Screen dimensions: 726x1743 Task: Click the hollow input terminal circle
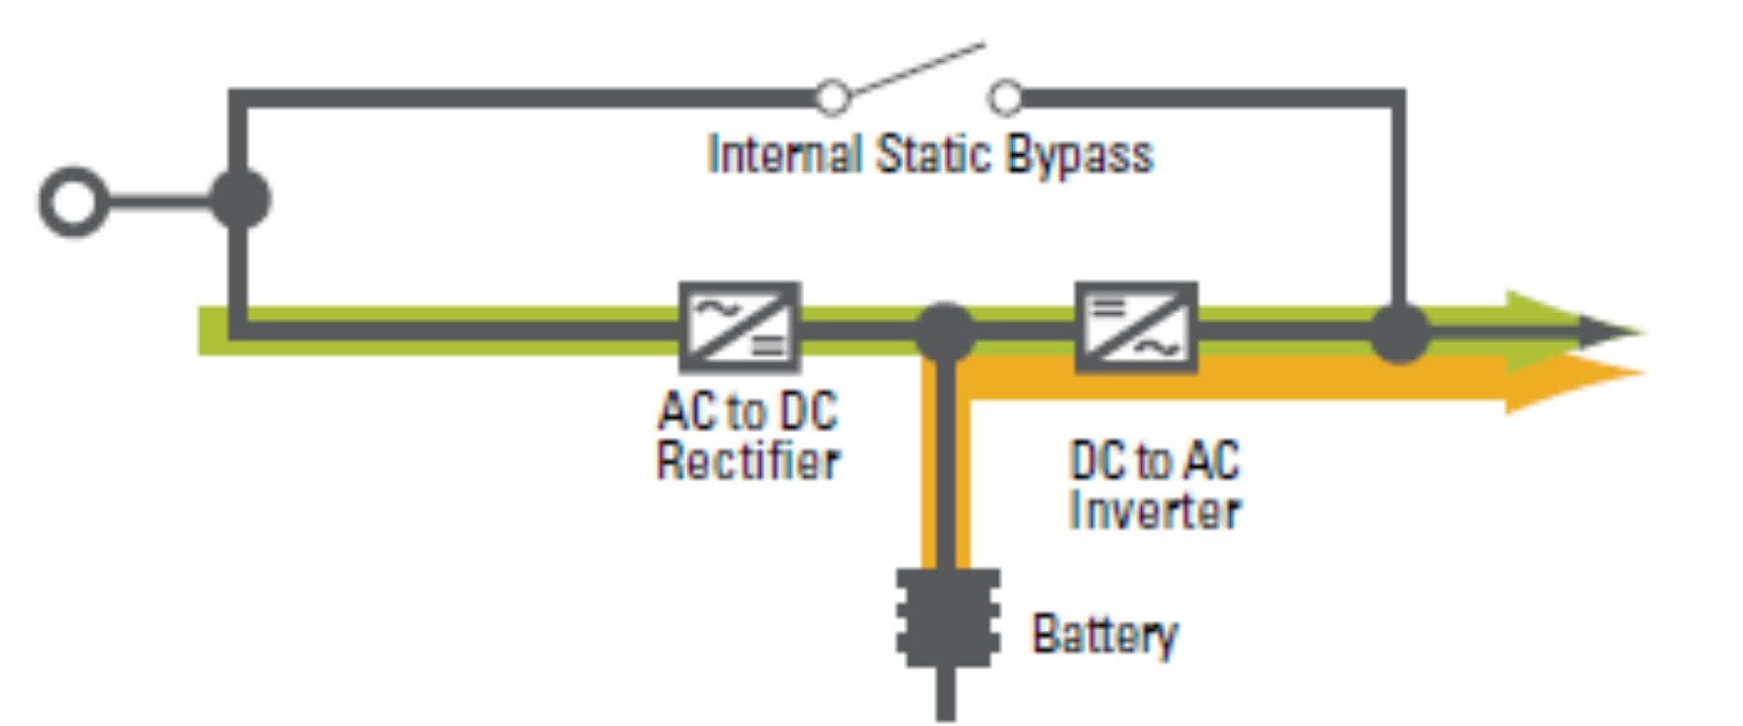coord(74,201)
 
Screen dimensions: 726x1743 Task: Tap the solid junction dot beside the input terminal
coord(240,199)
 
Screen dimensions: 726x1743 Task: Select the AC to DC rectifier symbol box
coord(740,328)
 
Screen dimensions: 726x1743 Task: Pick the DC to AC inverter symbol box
coord(1136,328)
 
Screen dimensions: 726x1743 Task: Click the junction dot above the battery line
coord(945,331)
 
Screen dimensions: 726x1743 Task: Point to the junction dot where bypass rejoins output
coord(1399,333)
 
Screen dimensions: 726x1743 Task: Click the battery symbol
coord(947,618)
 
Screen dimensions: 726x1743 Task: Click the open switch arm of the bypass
coord(917,69)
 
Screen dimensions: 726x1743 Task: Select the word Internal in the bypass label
coord(784,154)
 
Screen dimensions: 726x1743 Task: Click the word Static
coord(934,154)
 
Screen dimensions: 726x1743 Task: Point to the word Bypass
coord(1079,156)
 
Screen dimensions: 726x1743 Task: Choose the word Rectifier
coord(748,461)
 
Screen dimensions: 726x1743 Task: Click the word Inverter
coord(1154,510)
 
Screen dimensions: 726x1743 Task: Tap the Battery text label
coord(1104,634)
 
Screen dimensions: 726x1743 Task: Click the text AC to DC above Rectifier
coord(748,411)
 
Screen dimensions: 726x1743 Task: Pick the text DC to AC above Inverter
coord(1154,460)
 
